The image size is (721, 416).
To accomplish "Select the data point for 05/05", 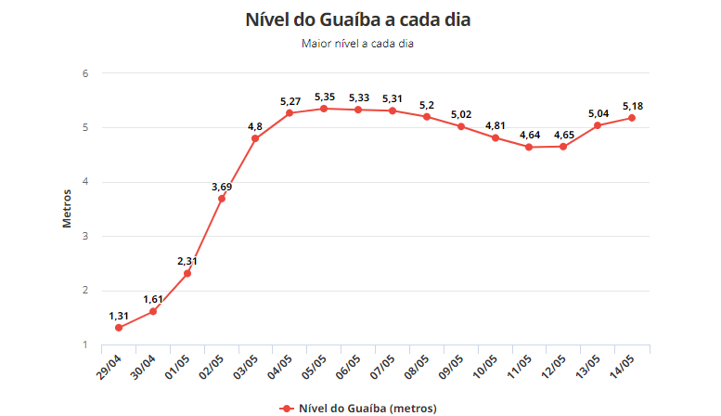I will click(324, 109).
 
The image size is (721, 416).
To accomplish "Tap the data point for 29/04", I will click(119, 328).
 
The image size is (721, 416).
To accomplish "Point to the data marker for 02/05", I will click(221, 199).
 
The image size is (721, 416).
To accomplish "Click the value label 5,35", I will click(324, 97).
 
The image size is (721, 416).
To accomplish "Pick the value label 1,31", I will click(119, 316).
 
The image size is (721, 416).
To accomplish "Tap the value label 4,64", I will click(529, 135).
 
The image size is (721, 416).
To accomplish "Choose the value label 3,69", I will click(221, 187).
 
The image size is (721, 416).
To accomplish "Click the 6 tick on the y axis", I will click(84, 73).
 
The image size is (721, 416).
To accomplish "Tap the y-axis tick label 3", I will click(84, 236).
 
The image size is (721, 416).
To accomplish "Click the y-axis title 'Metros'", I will click(67, 208).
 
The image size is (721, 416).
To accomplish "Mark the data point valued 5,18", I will click(632, 118).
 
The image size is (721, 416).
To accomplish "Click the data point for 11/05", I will click(529, 147).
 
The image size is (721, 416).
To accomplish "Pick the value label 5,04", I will click(598, 113).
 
